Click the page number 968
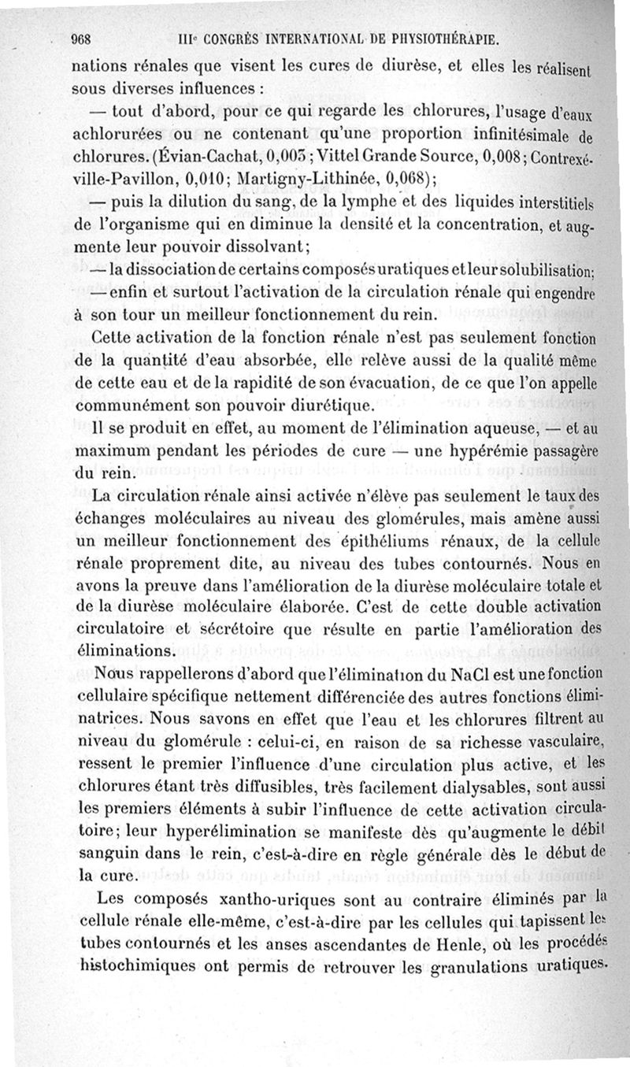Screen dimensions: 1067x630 point(83,39)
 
